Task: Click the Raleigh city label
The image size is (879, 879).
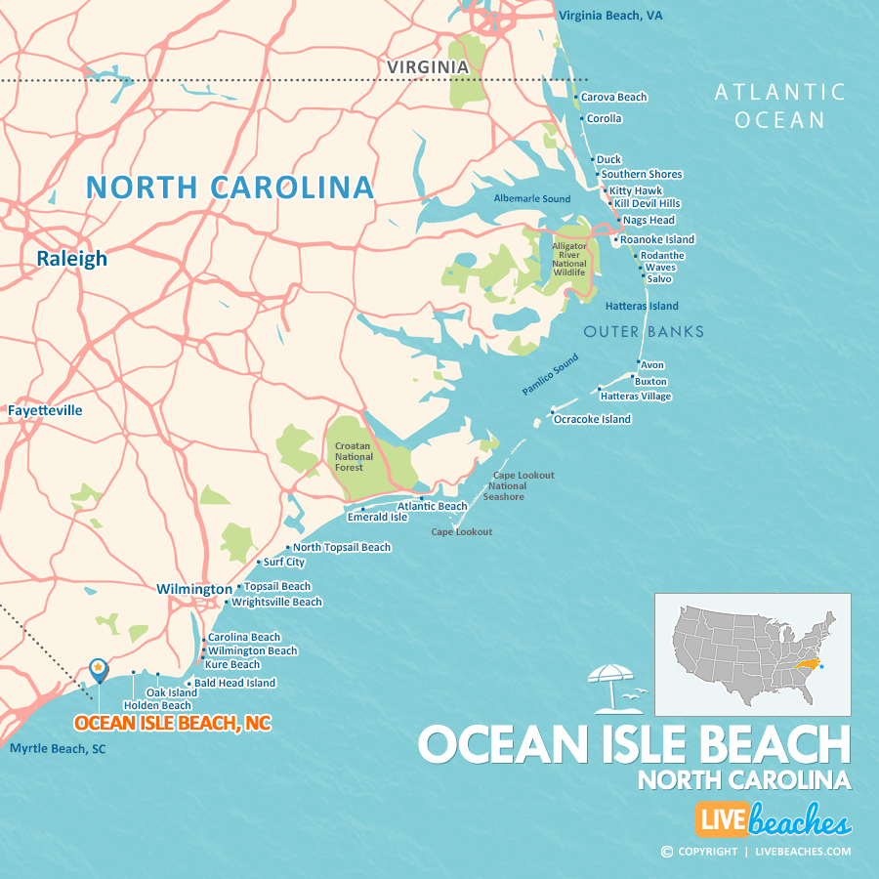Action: coord(71,259)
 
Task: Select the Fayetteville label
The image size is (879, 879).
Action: coord(45,411)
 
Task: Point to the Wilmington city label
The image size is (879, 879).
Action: coord(194,590)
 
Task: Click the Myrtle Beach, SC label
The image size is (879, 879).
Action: coord(57,749)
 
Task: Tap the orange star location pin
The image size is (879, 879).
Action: coord(99,669)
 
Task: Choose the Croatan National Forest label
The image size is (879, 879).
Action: coord(349,456)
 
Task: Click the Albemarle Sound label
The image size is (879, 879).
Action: coord(532,199)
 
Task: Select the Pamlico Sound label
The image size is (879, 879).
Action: coord(550,375)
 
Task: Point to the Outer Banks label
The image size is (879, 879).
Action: coord(644,332)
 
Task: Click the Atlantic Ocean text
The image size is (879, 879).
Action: coord(779,105)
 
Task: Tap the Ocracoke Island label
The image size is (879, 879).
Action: coord(592,420)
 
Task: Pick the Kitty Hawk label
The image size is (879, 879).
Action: coord(635,190)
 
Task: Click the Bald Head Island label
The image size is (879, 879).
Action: coord(234,684)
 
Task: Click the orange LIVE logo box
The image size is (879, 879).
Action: coord(722,820)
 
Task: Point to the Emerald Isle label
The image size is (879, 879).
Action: coord(377,518)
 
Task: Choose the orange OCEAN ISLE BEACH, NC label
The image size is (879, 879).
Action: coord(173,724)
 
